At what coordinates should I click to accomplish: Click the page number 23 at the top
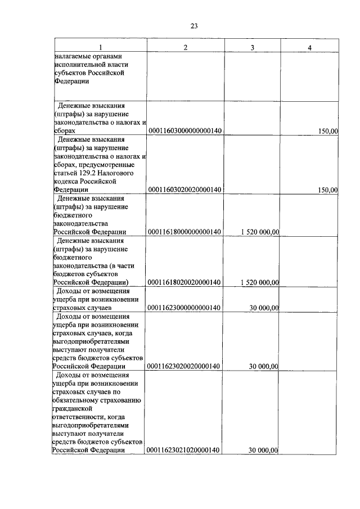[195, 25]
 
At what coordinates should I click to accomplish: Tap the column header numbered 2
[185, 47]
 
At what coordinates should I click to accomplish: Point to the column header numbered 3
[253, 47]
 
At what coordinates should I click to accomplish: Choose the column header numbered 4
[309, 47]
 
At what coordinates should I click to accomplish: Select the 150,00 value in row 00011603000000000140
[327, 130]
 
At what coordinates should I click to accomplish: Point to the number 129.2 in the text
[87, 173]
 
